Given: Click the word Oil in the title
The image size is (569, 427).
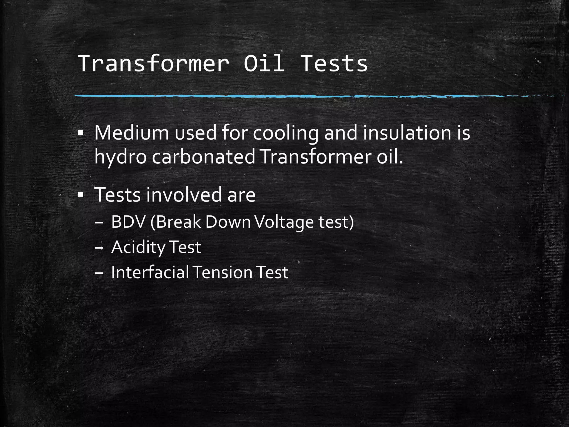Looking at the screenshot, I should click(x=264, y=63).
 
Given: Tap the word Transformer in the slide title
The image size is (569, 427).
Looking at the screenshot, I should click(x=154, y=63).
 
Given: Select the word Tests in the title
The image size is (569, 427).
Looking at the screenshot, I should click(x=334, y=63).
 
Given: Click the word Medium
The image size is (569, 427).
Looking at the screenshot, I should click(x=131, y=133).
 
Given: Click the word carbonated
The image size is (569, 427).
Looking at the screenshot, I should click(x=204, y=157).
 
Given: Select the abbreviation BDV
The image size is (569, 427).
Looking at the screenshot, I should click(x=128, y=222).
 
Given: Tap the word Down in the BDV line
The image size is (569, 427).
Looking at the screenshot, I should click(x=228, y=222).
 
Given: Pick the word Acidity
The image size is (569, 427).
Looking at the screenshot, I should click(x=138, y=247).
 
